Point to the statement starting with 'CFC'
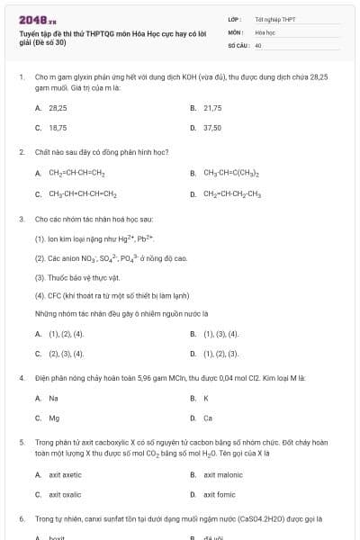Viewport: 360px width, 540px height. (100, 295)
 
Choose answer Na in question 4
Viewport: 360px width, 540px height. (54, 398)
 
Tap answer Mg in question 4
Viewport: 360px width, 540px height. (54, 418)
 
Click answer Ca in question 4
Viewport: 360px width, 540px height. (208, 418)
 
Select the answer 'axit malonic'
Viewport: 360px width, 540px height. (223, 474)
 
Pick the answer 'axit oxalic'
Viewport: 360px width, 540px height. (65, 495)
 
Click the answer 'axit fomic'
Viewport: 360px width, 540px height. (220, 495)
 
